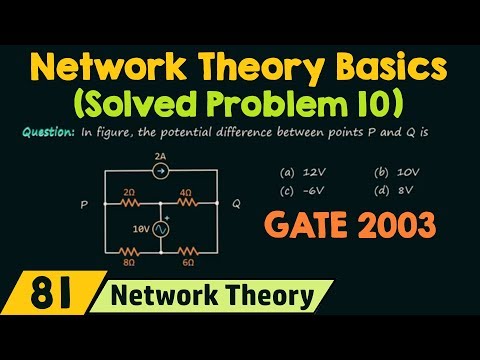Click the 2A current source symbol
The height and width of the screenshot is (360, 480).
pos(160,172)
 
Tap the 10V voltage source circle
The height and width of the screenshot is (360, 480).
pos(161,228)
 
